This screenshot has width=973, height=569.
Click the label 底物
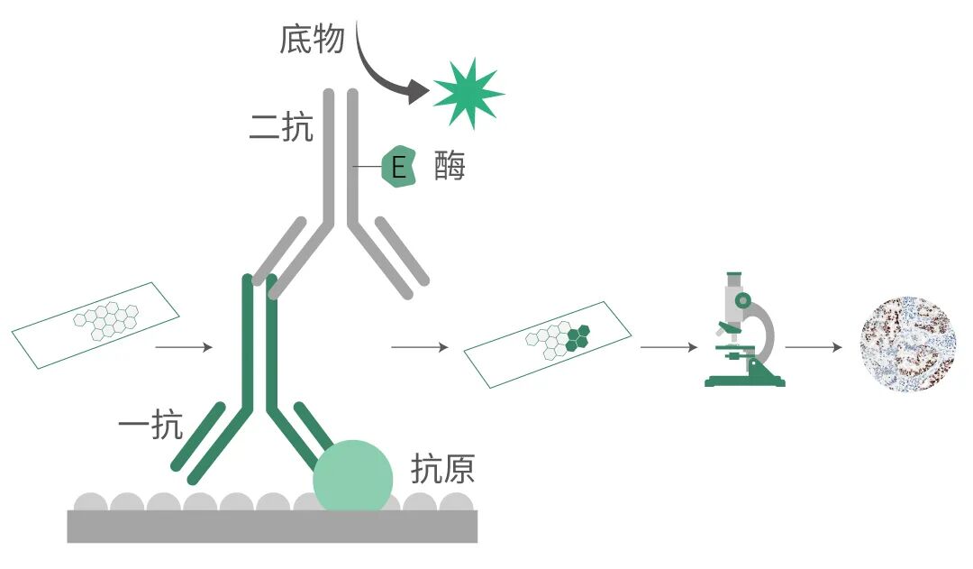pyautogui.click(x=312, y=40)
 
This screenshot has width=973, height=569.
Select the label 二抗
pyautogui.click(x=281, y=128)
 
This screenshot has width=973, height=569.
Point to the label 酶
pyautogui.click(x=450, y=167)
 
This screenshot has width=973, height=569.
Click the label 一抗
pyautogui.click(x=150, y=425)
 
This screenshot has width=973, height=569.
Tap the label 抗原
pyautogui.click(x=442, y=469)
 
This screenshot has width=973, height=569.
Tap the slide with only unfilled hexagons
pyautogui.click(x=95, y=325)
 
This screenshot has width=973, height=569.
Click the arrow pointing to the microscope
pyautogui.click(x=669, y=346)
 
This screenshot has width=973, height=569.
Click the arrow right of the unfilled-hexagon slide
pyautogui.click(x=185, y=346)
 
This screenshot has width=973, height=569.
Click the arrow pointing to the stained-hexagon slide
pyautogui.click(x=420, y=346)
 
